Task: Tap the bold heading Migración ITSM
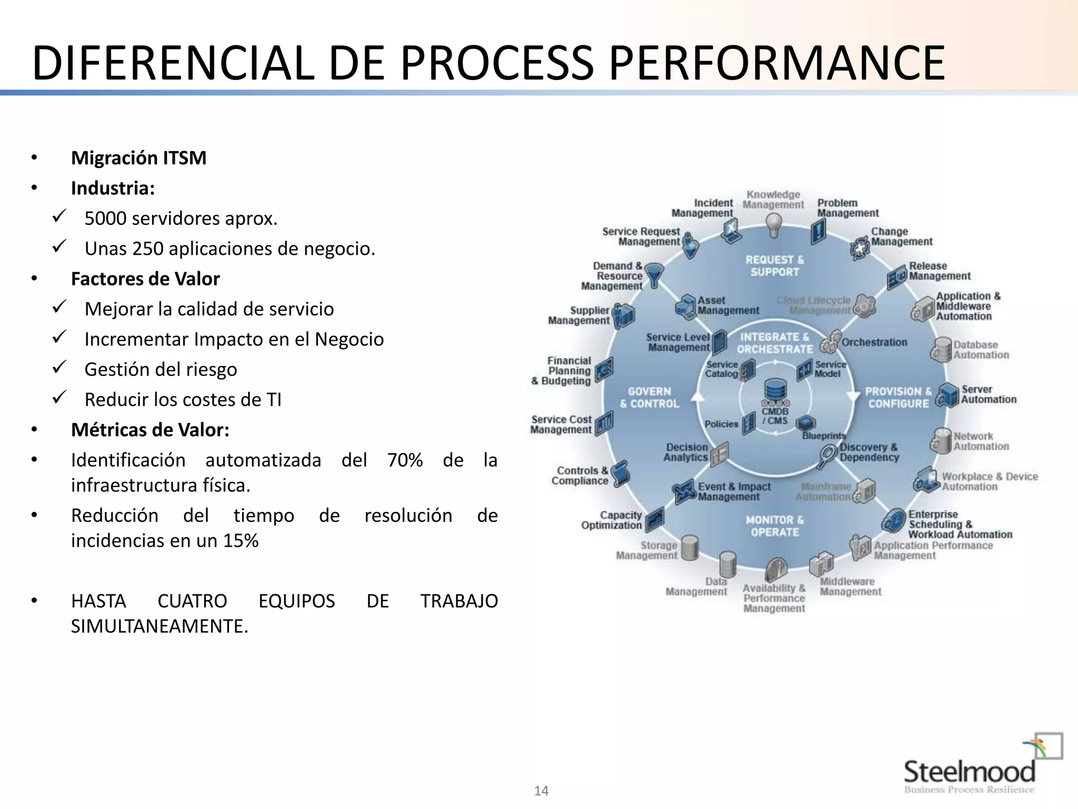(138, 158)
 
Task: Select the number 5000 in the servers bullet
(105, 219)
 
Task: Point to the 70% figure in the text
(405, 460)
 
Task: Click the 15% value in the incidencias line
(241, 541)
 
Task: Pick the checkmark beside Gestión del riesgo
(59, 367)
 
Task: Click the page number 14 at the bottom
(541, 791)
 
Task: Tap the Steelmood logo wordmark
(969, 772)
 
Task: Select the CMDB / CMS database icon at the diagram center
(775, 391)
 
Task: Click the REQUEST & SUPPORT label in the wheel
(775, 266)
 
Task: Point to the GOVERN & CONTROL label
(650, 398)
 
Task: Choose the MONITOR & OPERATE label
(775, 526)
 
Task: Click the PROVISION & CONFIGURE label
(898, 398)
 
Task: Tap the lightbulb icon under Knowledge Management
(773, 226)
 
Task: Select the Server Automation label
(989, 394)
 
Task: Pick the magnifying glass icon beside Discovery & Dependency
(827, 455)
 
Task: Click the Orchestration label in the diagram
(874, 342)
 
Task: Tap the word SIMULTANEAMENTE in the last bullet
(159, 626)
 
